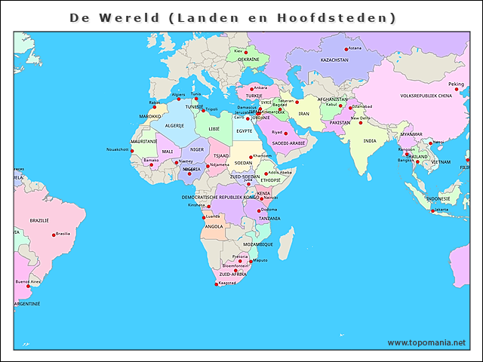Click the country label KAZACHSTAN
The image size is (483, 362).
click(x=334, y=60)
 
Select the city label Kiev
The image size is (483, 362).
click(x=238, y=51)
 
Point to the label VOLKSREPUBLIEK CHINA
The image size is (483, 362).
click(x=426, y=97)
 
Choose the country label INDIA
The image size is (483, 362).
click(x=369, y=141)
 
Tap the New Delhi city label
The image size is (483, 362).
click(x=360, y=118)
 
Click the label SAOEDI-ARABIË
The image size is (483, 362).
click(x=289, y=143)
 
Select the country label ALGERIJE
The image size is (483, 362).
click(x=175, y=125)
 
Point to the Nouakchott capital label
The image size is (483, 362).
click(x=118, y=149)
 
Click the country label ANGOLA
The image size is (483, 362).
click(x=214, y=226)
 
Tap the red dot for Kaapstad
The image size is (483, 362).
click(x=217, y=284)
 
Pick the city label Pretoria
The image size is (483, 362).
click(x=240, y=256)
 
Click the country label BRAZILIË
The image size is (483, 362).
click(x=39, y=220)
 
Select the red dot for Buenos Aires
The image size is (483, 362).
click(x=29, y=286)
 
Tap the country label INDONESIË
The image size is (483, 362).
click(x=438, y=199)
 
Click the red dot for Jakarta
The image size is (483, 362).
click(x=432, y=211)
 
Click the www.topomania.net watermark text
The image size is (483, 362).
click(x=426, y=342)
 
